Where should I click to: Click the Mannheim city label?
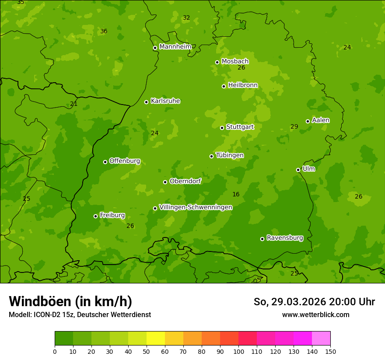coord(175,46)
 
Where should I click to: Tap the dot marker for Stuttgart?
coord(222,128)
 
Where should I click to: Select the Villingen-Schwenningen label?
coord(196,207)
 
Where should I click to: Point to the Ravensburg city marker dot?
coord(262,239)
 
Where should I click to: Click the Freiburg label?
coord(112,215)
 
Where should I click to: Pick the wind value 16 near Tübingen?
coord(236,194)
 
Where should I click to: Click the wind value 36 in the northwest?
coord(104,31)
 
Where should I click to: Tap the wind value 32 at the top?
coord(186,17)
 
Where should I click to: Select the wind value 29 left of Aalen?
coord(294,126)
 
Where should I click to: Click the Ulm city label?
coord(308,168)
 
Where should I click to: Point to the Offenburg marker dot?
coord(105,162)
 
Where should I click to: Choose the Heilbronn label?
coord(243,85)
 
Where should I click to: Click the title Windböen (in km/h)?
coord(70,301)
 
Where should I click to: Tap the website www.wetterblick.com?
coord(315,314)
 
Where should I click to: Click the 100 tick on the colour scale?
coord(238,351)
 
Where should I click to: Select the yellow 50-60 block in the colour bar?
coord(156,339)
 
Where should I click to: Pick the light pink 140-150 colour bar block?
coord(321,339)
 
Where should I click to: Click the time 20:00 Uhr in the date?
coord(346,302)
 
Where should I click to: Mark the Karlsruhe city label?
coord(165,101)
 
